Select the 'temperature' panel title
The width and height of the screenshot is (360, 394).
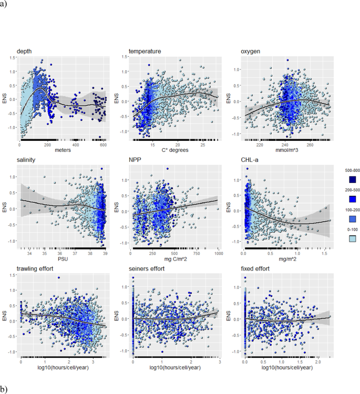pos(145,51)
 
